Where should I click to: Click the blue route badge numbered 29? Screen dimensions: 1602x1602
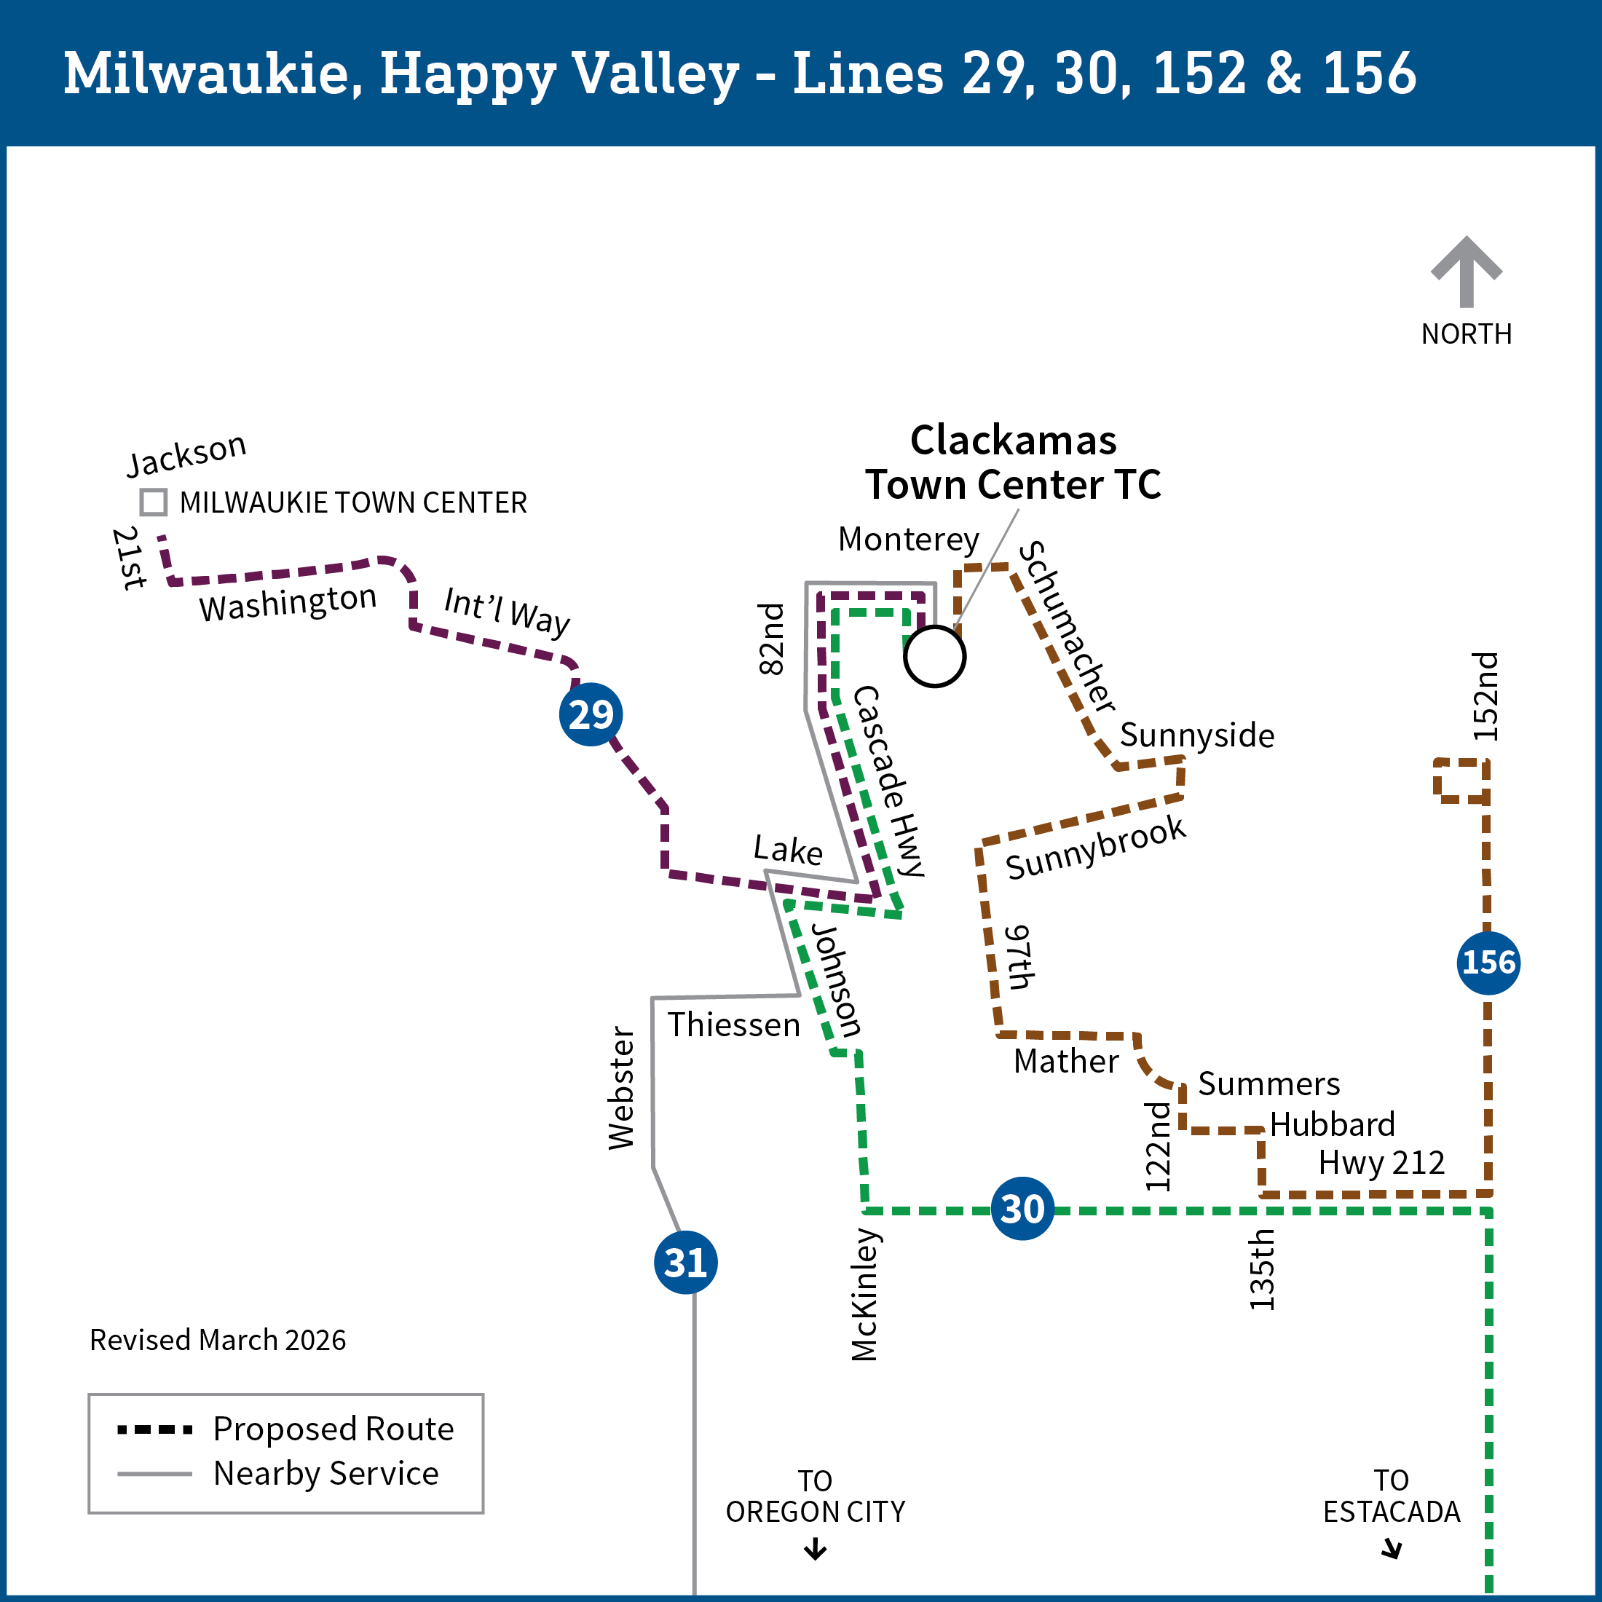click(591, 714)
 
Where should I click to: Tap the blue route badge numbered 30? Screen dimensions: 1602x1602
click(1022, 1209)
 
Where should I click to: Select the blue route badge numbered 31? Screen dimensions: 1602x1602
click(686, 1263)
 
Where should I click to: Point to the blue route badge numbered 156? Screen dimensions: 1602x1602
click(1488, 963)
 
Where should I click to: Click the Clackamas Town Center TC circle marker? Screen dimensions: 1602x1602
click(934, 657)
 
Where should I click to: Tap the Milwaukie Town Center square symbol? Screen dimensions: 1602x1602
click(154, 502)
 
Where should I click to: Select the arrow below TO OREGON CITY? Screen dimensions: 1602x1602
click(815, 1549)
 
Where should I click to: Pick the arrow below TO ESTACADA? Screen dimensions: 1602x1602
click(1392, 1549)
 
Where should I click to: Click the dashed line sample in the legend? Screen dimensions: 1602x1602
click(155, 1429)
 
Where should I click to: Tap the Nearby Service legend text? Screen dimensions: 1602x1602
click(326, 1473)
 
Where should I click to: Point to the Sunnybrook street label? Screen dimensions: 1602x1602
click(1095, 847)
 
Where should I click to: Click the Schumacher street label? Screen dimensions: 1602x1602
click(1066, 627)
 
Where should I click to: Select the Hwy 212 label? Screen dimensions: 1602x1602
click(1381, 1162)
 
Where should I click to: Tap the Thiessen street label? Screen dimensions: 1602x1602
click(734, 1025)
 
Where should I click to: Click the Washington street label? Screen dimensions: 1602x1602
click(288, 603)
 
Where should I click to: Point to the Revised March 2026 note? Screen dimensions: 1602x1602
click(217, 1340)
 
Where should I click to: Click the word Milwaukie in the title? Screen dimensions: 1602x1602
click(213, 73)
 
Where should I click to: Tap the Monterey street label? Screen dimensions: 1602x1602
click(908, 539)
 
